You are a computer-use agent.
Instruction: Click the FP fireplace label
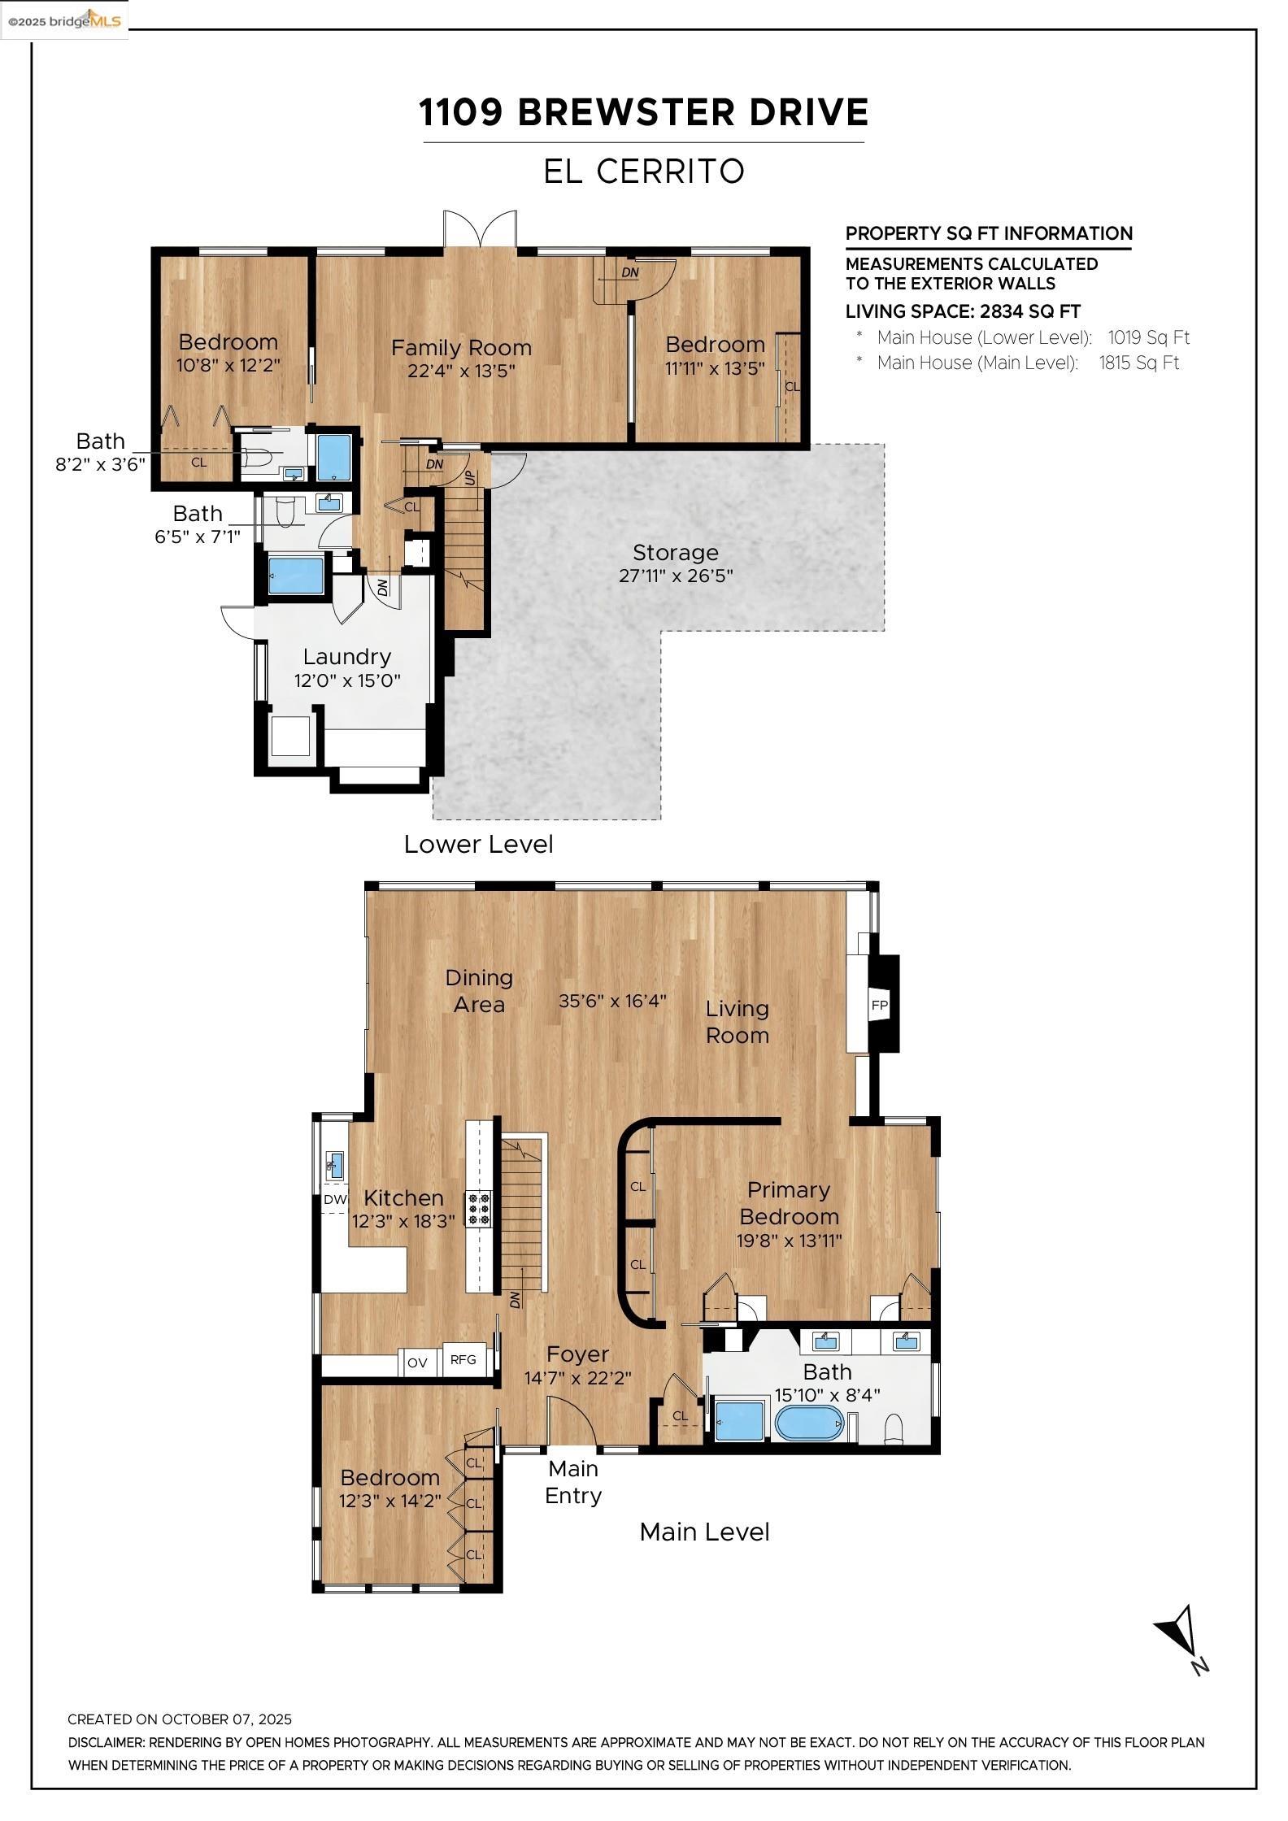(879, 1005)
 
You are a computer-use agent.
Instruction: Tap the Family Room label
(461, 348)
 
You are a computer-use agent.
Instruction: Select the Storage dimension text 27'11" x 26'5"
(676, 576)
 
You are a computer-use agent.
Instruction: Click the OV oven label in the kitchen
(417, 1362)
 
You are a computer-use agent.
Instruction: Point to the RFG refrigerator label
(463, 1359)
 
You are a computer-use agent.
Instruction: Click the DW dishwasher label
(335, 1199)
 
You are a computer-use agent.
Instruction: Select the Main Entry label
(573, 1482)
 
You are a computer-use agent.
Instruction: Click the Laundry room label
(347, 656)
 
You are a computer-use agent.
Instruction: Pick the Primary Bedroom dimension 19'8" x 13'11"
(789, 1241)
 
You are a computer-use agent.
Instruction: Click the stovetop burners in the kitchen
(478, 1208)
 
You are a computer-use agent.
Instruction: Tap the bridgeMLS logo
(65, 20)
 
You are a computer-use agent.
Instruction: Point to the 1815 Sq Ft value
(1138, 363)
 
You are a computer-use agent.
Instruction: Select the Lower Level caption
(478, 844)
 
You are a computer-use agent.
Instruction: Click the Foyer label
(577, 1354)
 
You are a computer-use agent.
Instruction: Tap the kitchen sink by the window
(334, 1165)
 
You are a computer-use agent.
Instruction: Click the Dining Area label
(479, 991)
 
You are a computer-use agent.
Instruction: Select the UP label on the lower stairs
(470, 477)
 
